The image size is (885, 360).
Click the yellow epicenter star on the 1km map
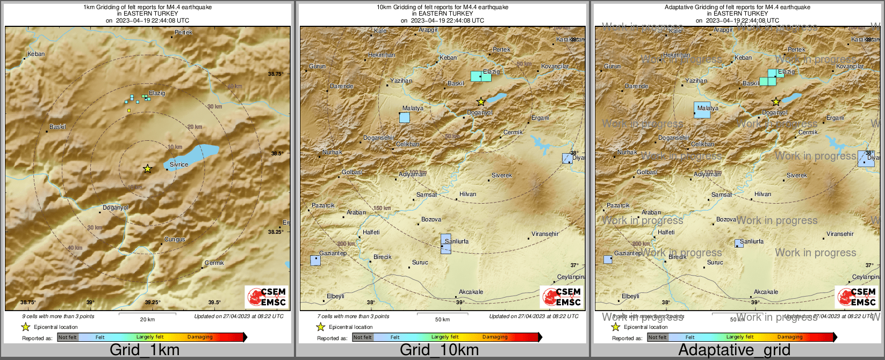pyautogui.click(x=147, y=169)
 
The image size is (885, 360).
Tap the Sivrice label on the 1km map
pyautogui.click(x=178, y=164)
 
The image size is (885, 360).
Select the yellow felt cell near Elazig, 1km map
pyautogui.click(x=129, y=110)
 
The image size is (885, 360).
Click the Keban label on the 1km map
pyautogui.click(x=36, y=54)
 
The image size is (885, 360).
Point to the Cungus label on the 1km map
pyautogui.click(x=175, y=239)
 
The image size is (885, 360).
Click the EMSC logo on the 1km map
pyautogui.click(x=267, y=297)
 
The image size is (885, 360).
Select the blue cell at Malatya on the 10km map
pyautogui.click(x=405, y=117)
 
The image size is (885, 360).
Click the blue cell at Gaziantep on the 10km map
pyautogui.click(x=315, y=260)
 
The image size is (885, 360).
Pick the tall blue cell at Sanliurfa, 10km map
pyautogui.click(x=445, y=243)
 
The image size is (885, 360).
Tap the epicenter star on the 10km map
pyautogui.click(x=481, y=102)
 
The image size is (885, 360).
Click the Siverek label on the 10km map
pyautogui.click(x=502, y=176)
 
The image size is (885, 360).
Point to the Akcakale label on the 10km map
pyautogui.click(x=471, y=292)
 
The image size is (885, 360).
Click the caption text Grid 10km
pyautogui.click(x=439, y=350)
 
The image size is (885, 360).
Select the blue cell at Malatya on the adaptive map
pyautogui.click(x=702, y=110)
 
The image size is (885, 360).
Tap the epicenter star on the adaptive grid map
pyautogui.click(x=776, y=102)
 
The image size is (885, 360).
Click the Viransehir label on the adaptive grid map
pyautogui.click(x=840, y=234)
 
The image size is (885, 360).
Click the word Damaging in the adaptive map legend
pyautogui.click(x=790, y=337)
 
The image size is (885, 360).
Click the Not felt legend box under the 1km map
pyautogui.click(x=68, y=337)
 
